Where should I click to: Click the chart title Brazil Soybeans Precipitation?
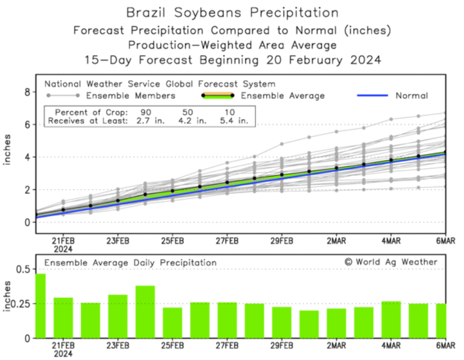click(231, 12)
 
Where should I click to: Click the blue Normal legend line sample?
click(372, 95)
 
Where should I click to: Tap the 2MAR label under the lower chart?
click(336, 345)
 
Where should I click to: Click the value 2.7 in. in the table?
click(147, 119)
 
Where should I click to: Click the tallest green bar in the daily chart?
click(40, 306)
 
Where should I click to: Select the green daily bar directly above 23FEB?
click(118, 316)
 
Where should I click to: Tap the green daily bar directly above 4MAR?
click(390, 319)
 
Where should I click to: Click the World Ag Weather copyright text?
click(390, 262)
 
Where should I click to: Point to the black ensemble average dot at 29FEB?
click(282, 175)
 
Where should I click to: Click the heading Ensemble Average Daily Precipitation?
click(130, 262)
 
